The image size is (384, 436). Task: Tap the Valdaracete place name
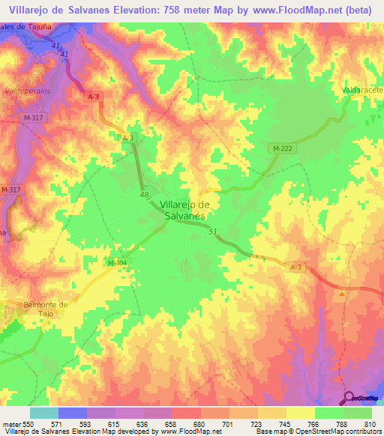[363, 90]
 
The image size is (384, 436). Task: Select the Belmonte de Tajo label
[46, 309]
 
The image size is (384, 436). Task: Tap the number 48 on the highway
[145, 195]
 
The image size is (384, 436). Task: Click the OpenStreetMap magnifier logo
[349, 398]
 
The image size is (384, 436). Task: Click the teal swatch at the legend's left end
[44, 413]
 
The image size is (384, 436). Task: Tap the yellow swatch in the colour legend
[301, 413]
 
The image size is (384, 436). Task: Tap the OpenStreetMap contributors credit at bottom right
[341, 432]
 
